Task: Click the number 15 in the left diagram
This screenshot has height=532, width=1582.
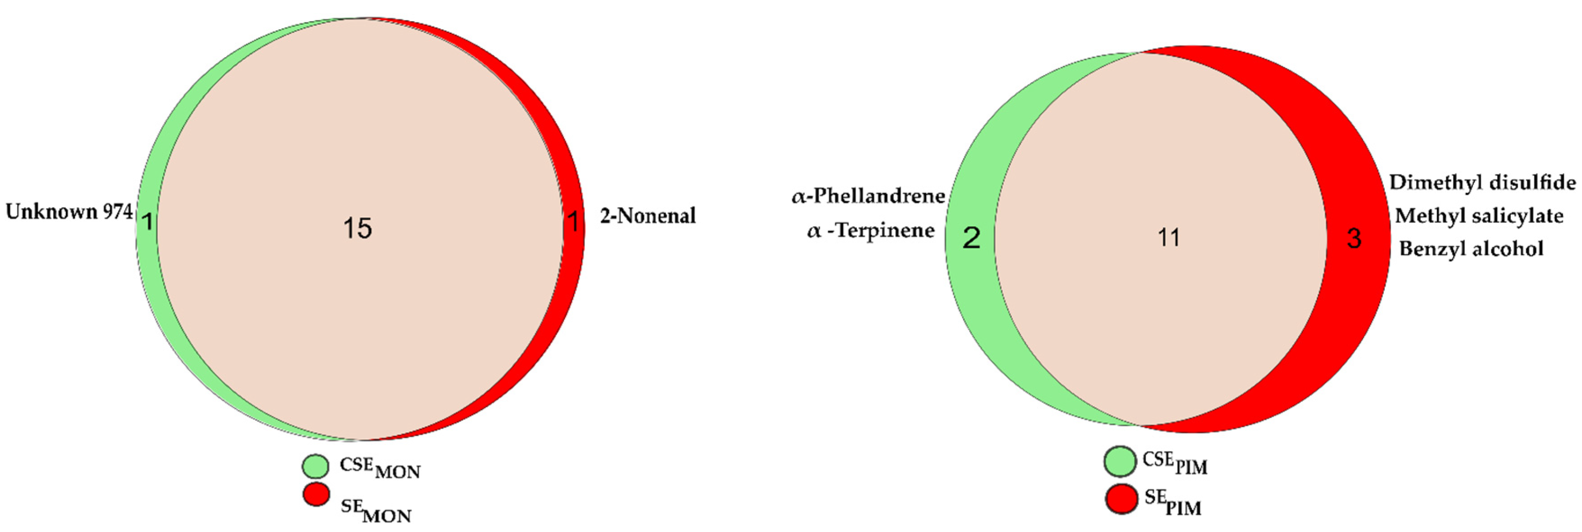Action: (x=358, y=228)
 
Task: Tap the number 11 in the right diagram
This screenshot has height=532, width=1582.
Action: (x=1169, y=237)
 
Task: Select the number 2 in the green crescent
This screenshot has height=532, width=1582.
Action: (x=971, y=237)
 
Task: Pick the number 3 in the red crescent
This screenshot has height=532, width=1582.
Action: (x=1354, y=238)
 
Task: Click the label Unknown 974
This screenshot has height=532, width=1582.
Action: (x=69, y=212)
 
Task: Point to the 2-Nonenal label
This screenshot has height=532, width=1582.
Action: (x=648, y=215)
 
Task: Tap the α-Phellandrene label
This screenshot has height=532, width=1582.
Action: (x=868, y=197)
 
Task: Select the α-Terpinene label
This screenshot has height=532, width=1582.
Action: (x=871, y=231)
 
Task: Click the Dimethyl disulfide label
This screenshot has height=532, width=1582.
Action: (x=1482, y=182)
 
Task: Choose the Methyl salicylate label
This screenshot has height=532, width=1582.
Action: (x=1479, y=215)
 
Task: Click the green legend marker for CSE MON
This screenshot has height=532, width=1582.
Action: (x=316, y=466)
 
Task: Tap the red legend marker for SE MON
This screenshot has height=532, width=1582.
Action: (x=316, y=495)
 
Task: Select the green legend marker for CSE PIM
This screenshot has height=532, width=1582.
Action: (x=1120, y=461)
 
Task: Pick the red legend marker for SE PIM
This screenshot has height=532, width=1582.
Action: (x=1121, y=499)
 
